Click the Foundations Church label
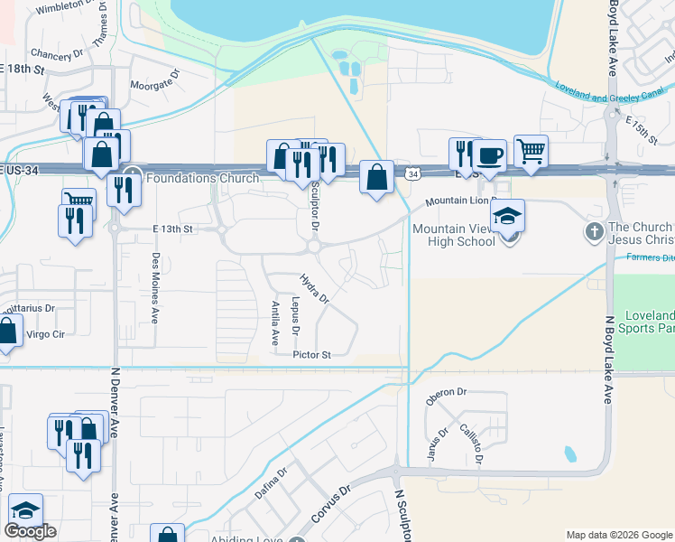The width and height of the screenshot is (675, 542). coord(202,178)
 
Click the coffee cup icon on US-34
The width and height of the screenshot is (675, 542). coord(489,154)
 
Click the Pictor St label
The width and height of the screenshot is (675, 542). coord(312,355)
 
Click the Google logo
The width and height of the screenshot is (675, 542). coord(30,531)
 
